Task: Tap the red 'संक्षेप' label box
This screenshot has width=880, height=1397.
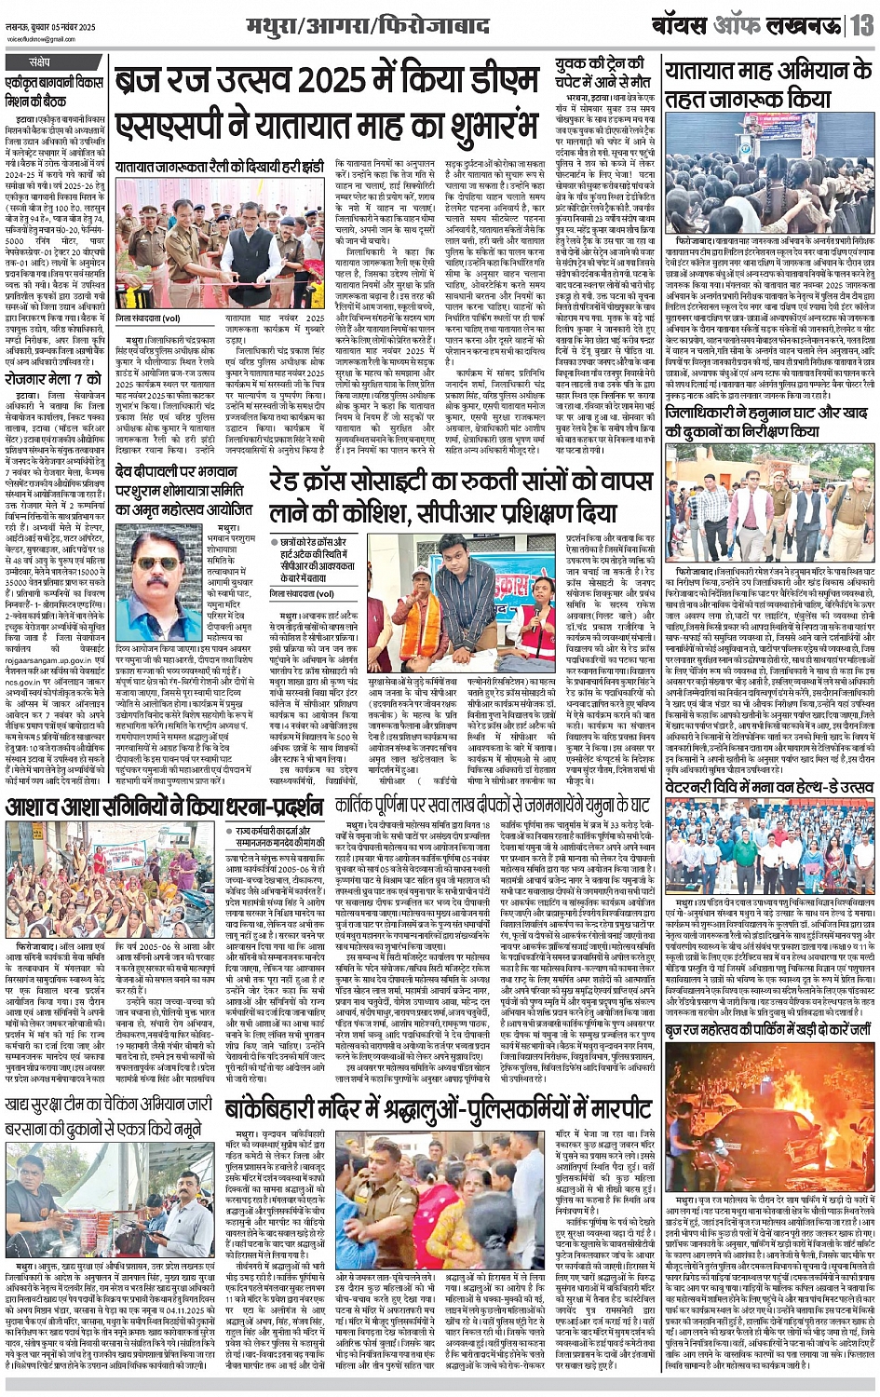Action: click(x=39, y=62)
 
